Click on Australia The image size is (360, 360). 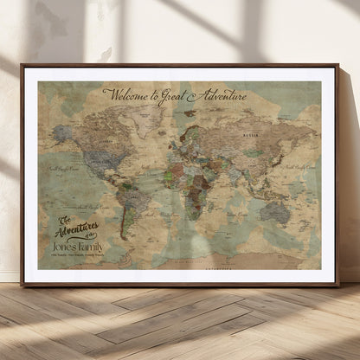(276, 212)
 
